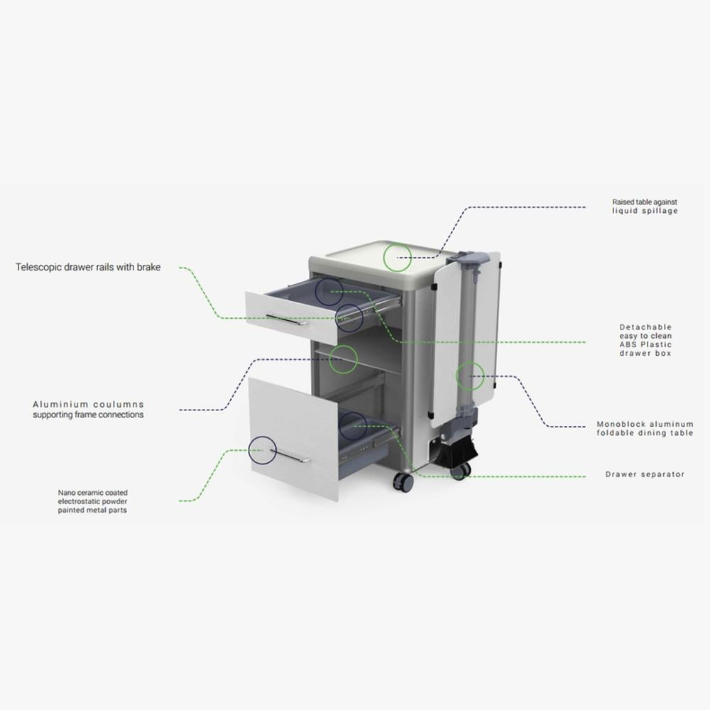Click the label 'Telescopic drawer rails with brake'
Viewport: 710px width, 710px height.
(88, 267)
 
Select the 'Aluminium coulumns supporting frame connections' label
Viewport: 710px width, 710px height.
(88, 410)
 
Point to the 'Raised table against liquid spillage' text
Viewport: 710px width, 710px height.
(645, 207)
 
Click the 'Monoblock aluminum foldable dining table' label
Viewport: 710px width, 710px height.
(645, 429)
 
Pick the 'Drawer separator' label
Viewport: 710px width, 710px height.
(645, 474)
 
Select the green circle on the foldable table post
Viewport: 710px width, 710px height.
(456, 376)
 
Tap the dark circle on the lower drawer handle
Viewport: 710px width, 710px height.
(248, 450)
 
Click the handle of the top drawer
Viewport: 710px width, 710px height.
(287, 319)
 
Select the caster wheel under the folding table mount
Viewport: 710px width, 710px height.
(460, 470)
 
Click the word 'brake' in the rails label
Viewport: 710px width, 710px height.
(149, 267)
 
